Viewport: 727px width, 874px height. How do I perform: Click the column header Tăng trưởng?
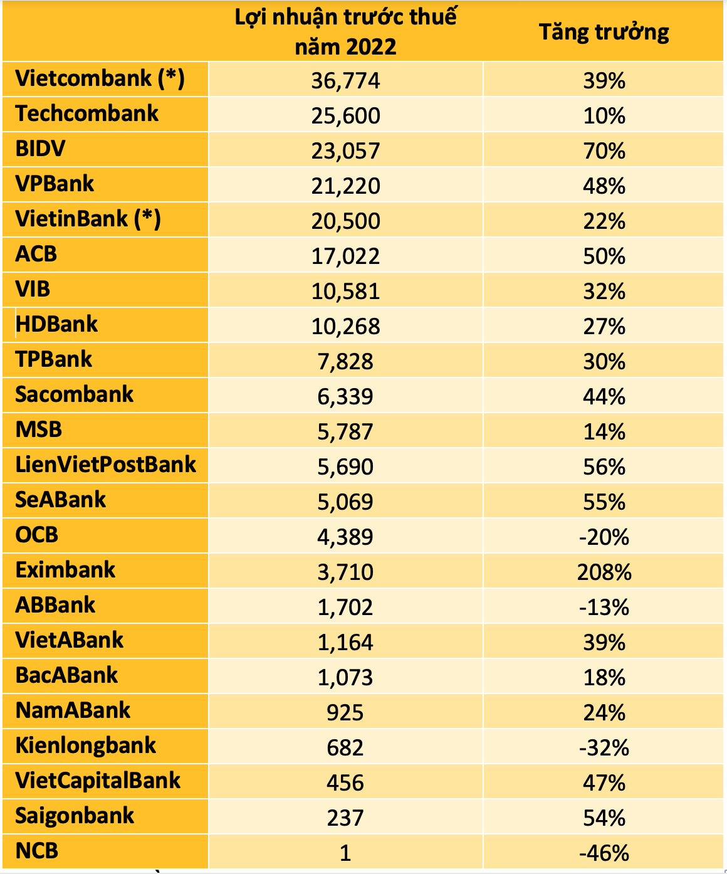point(604,32)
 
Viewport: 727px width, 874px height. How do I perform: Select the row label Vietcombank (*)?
point(100,78)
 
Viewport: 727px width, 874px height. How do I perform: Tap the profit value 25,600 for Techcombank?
point(345,115)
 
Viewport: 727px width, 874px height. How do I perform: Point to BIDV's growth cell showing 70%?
point(604,150)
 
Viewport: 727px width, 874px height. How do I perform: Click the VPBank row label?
point(55,184)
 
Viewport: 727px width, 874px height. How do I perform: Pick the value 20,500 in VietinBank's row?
point(345,221)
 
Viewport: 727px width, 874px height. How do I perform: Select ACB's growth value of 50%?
point(604,256)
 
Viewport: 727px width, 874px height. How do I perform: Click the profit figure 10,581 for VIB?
point(345,291)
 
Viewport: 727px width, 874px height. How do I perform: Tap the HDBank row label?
point(57,324)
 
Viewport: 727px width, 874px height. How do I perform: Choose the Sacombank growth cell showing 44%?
point(604,396)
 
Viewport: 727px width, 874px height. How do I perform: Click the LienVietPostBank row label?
point(105,465)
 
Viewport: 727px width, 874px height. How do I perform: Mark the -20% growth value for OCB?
point(604,537)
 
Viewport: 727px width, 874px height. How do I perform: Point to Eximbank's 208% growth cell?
point(604,572)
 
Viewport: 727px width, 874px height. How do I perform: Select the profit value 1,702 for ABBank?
point(345,607)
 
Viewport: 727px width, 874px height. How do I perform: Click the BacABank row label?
point(66,675)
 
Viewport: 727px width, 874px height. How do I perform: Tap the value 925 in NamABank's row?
point(345,712)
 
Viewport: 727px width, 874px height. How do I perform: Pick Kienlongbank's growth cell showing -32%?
point(604,747)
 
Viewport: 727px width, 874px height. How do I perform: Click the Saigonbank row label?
point(75,816)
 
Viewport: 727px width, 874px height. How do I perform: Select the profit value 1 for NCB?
point(345,853)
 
